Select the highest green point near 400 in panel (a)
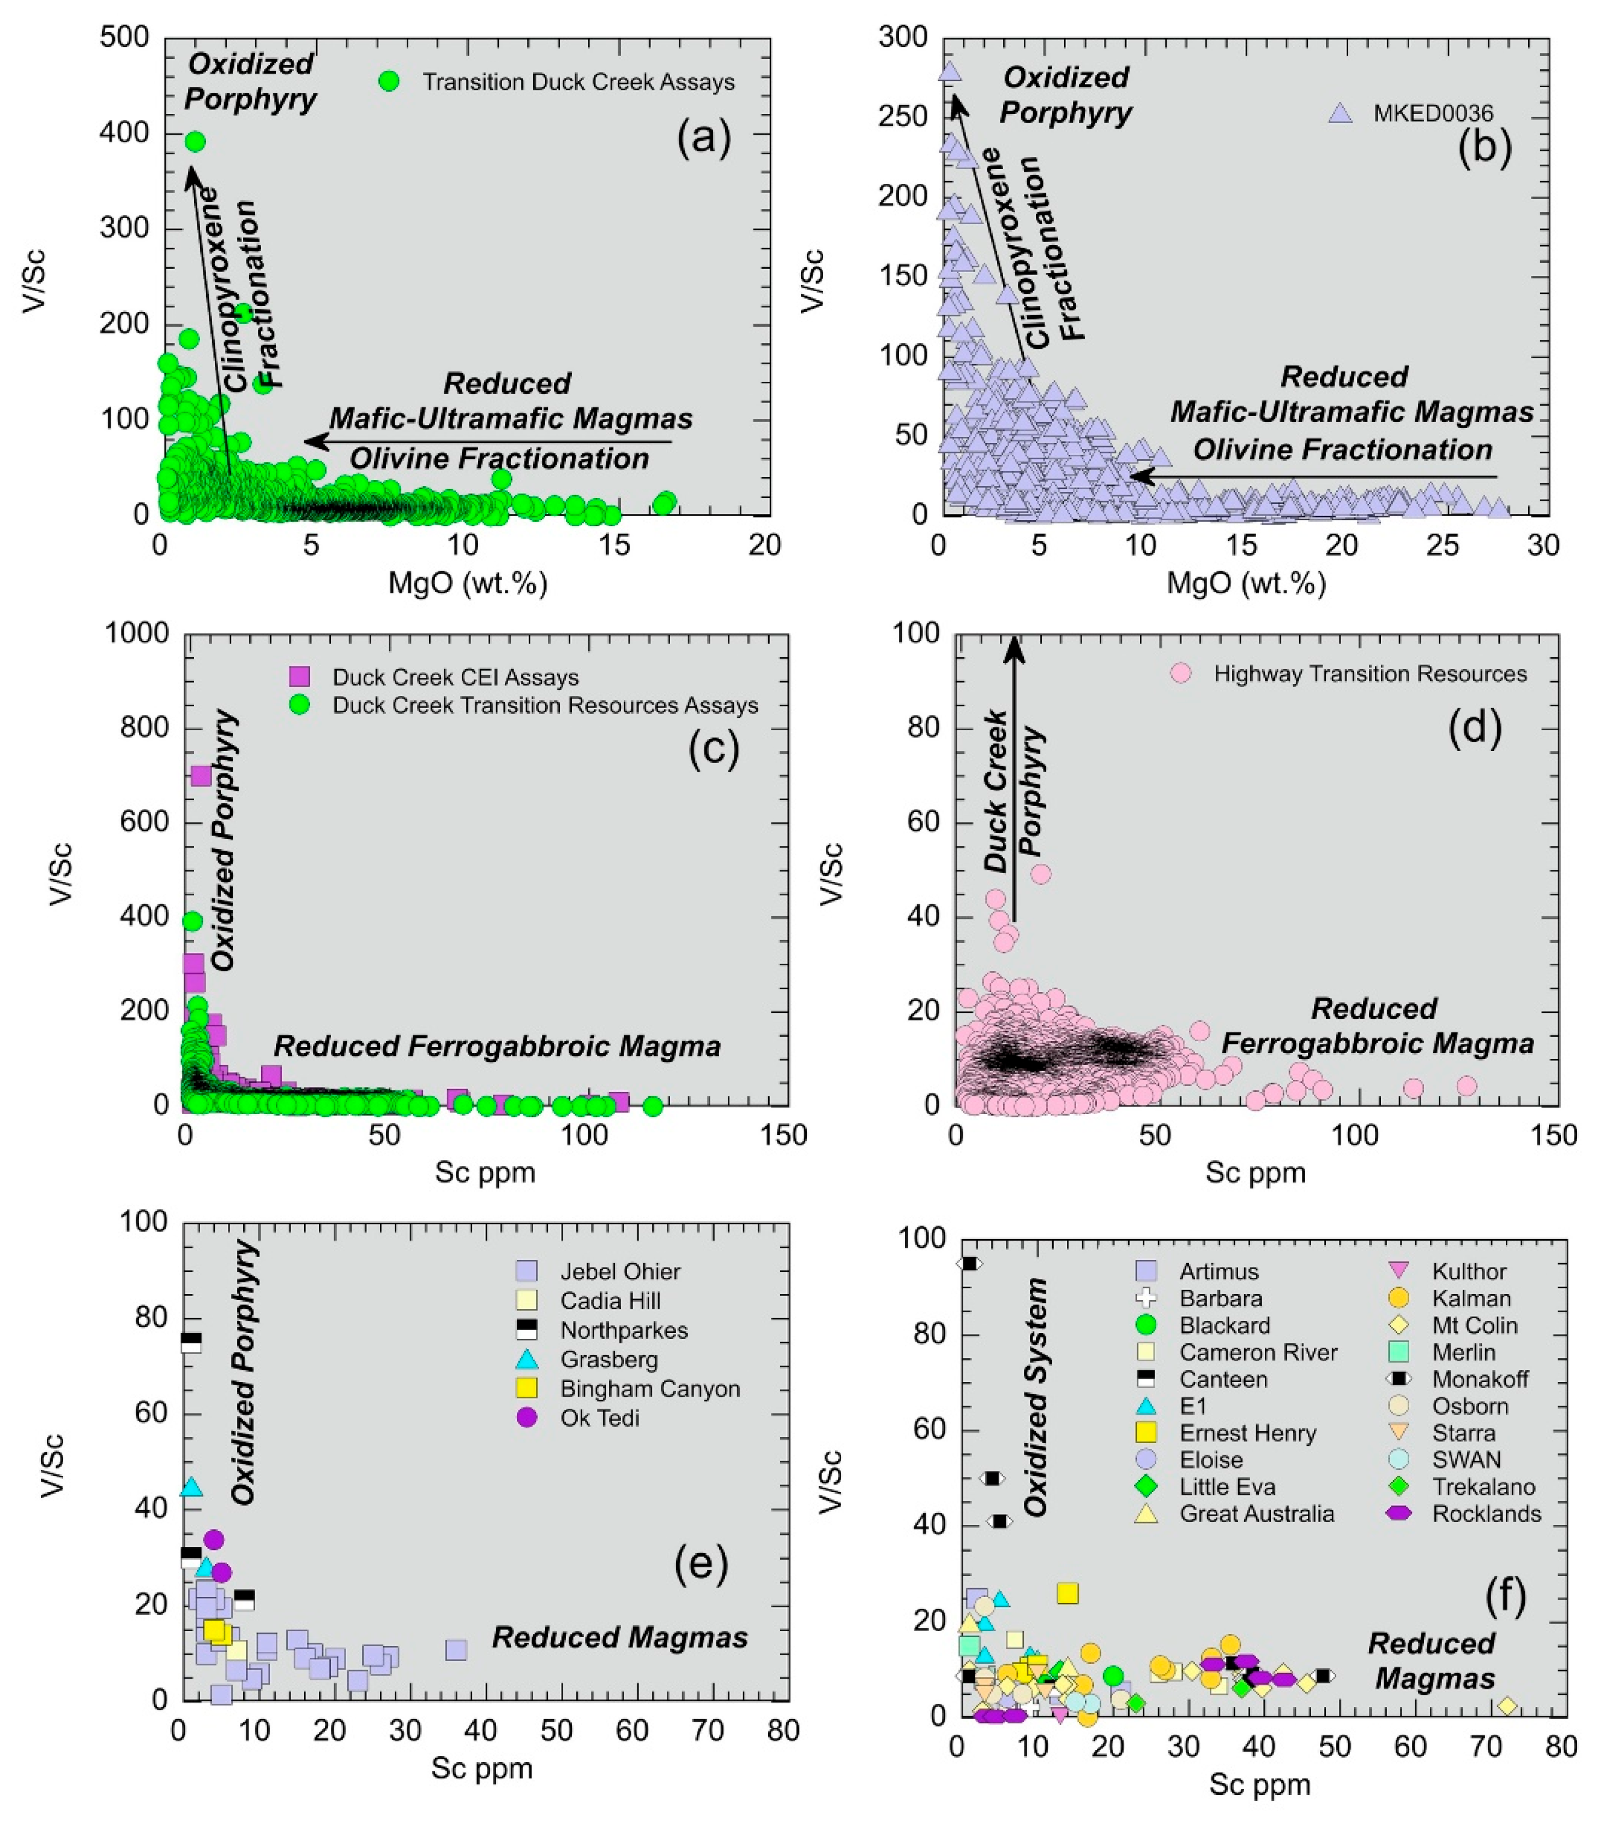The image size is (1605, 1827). point(195,141)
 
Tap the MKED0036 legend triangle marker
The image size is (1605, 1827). point(1339,113)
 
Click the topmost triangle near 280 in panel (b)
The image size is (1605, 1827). point(950,71)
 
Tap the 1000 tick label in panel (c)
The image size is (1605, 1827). point(137,633)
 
